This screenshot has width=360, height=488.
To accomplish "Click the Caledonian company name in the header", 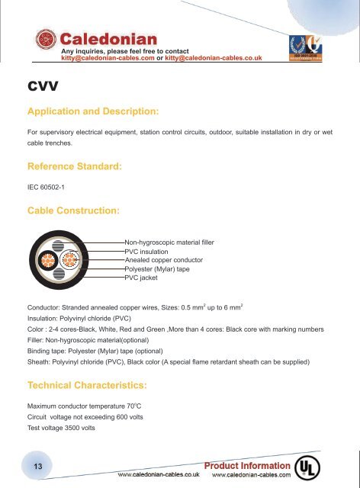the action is coord(109,38).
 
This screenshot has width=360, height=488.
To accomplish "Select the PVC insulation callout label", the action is coord(146,252).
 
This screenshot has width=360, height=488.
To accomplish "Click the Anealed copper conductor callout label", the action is coord(165,260).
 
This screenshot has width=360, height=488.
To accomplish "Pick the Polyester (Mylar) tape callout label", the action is coord(159,269).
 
